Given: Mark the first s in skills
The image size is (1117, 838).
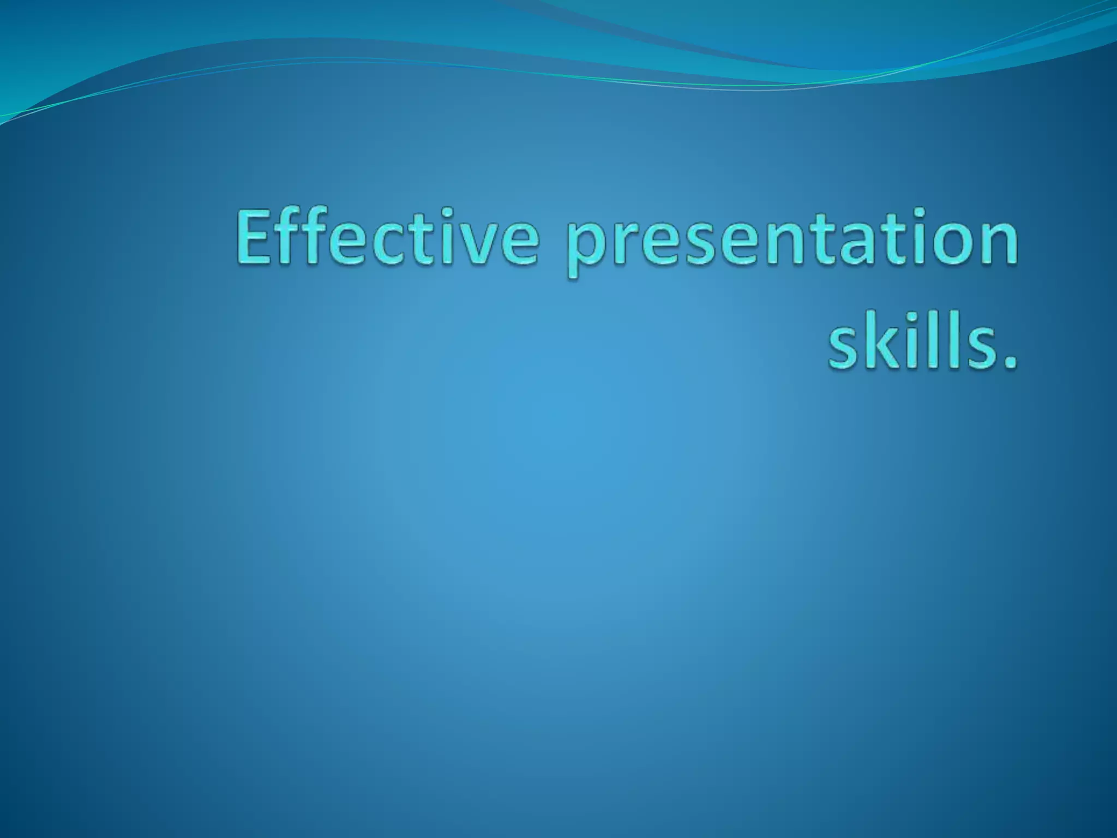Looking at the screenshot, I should [x=843, y=349].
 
